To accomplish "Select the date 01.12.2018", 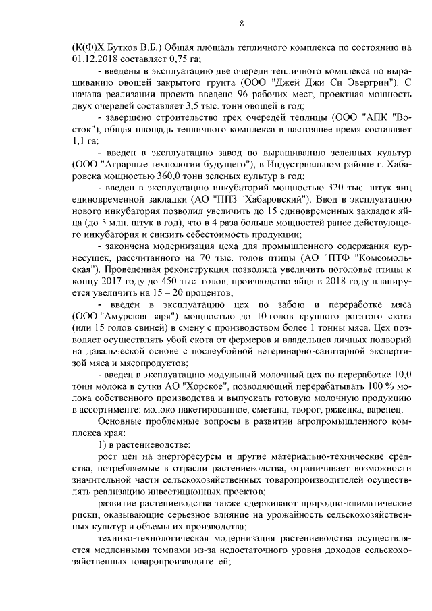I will pos(94,58).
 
